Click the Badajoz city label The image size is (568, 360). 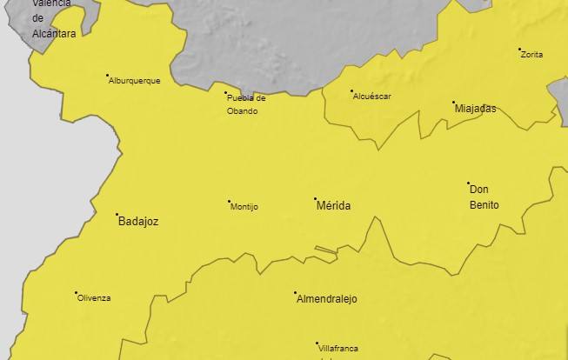click(138, 222)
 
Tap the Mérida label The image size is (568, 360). click(334, 206)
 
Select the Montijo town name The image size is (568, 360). click(244, 207)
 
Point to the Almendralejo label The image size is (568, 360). click(327, 299)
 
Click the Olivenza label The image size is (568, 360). click(94, 298)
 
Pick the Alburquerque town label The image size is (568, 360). click(135, 81)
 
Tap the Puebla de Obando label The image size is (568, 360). click(246, 104)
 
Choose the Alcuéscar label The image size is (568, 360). click(372, 97)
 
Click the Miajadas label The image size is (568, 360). click(476, 109)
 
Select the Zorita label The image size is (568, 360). click(531, 55)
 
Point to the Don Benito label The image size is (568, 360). click(484, 197)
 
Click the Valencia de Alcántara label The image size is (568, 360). click(53, 17)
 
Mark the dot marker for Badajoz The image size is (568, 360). click(117, 214)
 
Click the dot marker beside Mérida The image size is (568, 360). click(316, 199)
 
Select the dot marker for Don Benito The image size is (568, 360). click(468, 183)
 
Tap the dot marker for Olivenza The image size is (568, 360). click(76, 293)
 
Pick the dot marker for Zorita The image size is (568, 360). click(519, 50)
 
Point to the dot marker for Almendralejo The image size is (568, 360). click(295, 293)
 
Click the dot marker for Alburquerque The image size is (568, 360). click(107, 76)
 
